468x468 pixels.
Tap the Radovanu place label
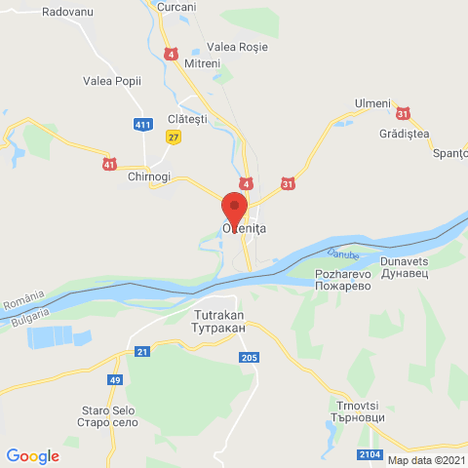point(68,13)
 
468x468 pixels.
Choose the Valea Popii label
point(112,81)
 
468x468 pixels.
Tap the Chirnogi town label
point(148,175)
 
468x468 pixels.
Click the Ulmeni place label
point(372,102)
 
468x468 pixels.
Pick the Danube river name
point(342,254)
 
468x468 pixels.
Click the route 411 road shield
point(143,124)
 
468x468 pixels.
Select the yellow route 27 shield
point(174,137)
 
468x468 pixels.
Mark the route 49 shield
point(115,378)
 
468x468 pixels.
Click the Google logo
point(32,455)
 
